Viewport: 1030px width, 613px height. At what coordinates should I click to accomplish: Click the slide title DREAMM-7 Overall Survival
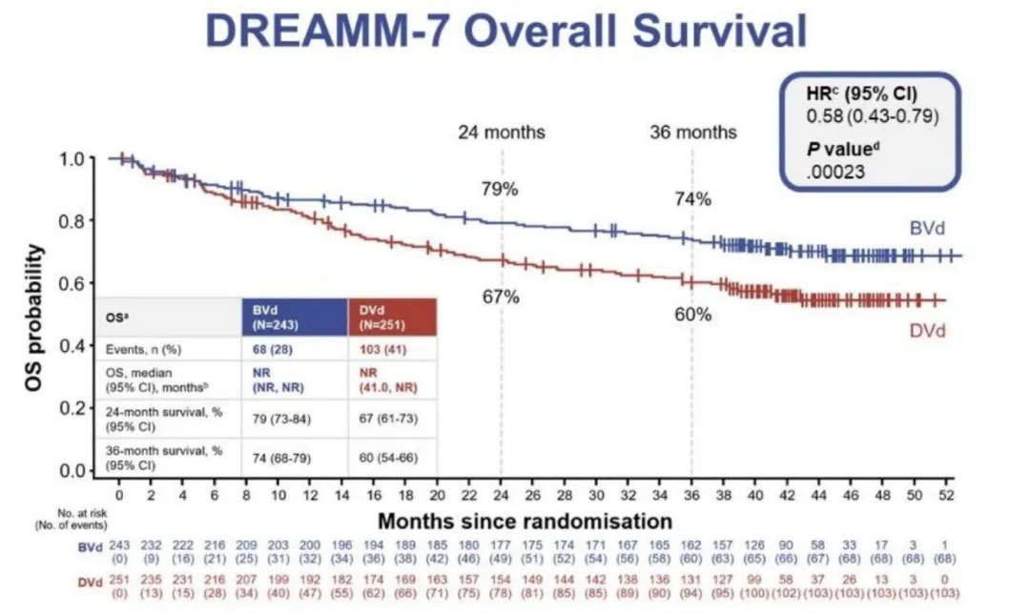pos(506,31)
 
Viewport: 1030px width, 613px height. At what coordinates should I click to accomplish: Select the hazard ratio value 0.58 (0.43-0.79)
pos(858,116)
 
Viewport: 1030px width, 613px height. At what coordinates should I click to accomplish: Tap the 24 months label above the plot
pos(501,132)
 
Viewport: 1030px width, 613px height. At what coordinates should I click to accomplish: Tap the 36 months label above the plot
pos(692,132)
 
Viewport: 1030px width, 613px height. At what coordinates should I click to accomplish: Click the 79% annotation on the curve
pos(499,189)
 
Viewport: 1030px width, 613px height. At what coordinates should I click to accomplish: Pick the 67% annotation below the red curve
pos(500,296)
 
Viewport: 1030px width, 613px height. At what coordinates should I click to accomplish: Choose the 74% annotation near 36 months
pos(693,199)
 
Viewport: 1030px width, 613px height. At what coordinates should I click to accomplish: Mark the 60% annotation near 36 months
pos(693,314)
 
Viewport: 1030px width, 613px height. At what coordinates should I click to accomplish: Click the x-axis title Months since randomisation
pos(525,521)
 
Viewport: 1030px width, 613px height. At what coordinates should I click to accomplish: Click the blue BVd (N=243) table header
pos(292,317)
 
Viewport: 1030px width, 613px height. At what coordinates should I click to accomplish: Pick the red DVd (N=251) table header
pos(391,317)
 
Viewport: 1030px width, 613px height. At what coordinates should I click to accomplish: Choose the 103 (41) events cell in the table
pos(378,348)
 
